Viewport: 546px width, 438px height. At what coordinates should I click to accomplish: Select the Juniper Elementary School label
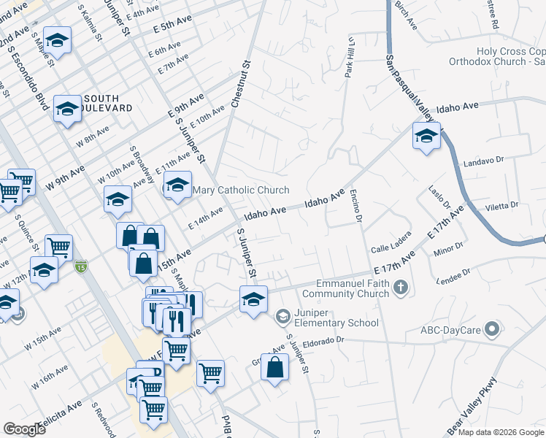click(x=336, y=318)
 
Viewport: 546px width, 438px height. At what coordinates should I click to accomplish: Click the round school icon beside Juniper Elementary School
click(x=282, y=317)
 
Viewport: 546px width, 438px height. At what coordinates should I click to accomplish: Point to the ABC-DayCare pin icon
click(x=494, y=330)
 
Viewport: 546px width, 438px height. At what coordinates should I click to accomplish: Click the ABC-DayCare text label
click(x=450, y=330)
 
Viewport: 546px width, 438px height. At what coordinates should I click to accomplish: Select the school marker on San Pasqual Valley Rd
click(x=426, y=136)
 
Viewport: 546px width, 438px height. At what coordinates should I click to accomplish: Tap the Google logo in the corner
click(x=25, y=429)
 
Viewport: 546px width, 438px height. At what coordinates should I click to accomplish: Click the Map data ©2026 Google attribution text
click(x=500, y=432)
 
